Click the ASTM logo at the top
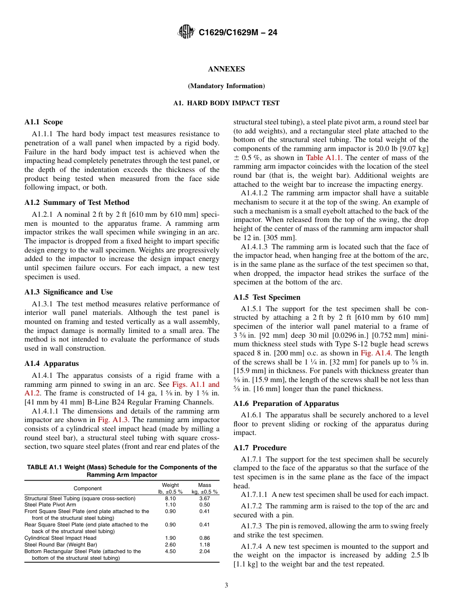[185, 32]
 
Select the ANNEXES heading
[226, 69]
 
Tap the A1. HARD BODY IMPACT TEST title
[226, 103]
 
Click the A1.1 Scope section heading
[43, 122]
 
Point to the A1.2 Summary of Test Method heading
[77, 202]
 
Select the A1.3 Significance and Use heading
[69, 292]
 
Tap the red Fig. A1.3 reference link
[110, 420]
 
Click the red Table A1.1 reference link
[323, 158]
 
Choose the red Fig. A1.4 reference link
[373, 353]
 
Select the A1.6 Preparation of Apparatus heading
[286, 403]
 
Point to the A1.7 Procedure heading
[260, 448]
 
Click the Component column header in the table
[87, 488]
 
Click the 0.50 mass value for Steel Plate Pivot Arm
[205, 505]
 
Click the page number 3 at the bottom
[226, 586]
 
